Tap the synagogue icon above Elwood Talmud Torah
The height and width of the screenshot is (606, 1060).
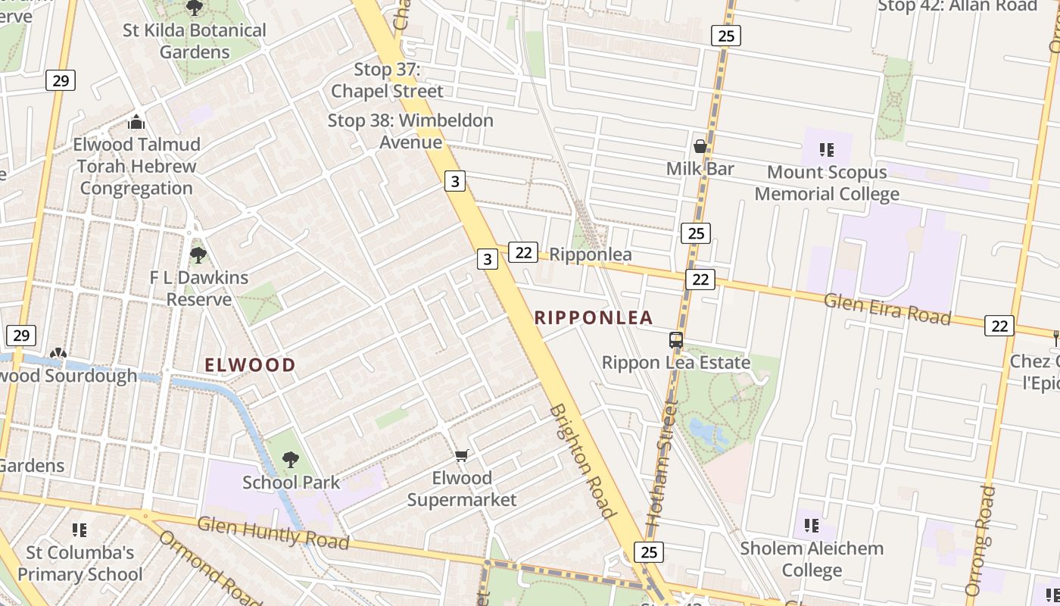136,121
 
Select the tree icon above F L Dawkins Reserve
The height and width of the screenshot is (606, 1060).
198,255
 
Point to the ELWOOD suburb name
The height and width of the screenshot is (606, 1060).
250,365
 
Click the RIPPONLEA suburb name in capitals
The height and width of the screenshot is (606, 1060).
594,317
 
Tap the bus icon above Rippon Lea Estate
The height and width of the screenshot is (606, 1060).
676,340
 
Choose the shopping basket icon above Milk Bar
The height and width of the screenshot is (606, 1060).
700,145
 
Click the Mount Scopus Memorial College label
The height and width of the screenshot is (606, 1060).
827,183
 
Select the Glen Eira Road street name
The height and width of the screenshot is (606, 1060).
887,308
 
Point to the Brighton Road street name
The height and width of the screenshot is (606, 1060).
581,461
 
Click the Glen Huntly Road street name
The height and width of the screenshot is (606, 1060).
273,533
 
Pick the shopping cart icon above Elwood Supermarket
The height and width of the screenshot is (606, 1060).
462,455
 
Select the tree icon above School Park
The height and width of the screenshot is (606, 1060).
291,459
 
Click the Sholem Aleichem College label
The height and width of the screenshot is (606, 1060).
812,559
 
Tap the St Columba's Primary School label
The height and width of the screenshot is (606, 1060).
79,564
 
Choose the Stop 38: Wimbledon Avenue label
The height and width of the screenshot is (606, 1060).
410,131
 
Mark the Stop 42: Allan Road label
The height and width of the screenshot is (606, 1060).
957,6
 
